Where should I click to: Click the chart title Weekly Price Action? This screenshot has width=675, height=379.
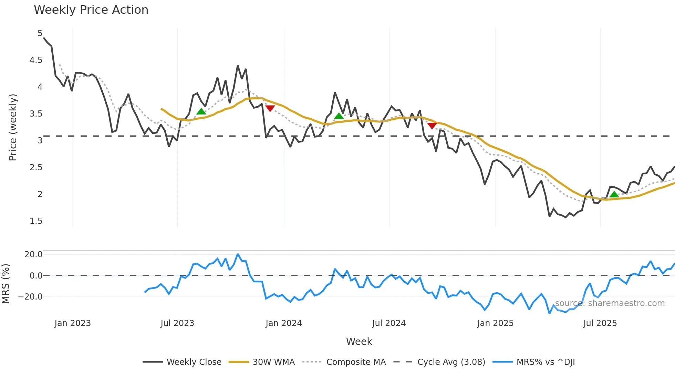91,10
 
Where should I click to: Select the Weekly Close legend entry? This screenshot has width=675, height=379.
194,362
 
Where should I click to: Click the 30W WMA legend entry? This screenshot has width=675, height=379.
273,362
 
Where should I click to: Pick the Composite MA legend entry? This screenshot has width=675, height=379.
356,362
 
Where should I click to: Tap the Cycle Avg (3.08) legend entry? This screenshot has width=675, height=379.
451,362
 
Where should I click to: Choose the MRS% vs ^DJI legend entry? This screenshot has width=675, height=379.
546,362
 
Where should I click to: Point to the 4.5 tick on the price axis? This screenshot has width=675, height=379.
36,60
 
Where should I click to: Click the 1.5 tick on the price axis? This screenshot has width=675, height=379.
36,221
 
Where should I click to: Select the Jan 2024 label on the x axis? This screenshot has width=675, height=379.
284,323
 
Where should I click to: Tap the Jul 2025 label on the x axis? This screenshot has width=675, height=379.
600,323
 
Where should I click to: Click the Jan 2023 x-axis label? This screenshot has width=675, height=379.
73,323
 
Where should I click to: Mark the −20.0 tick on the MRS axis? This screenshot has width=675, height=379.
30,297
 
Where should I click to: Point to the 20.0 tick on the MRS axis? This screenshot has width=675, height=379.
33,255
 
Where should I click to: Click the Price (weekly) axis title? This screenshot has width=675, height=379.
13,127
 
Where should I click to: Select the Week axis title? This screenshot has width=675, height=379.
359,342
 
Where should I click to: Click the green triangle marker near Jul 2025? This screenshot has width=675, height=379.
614,195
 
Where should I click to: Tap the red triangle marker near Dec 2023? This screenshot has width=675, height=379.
270,108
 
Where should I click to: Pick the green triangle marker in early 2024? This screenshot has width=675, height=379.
339,116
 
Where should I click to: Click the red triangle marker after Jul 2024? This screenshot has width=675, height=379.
432,126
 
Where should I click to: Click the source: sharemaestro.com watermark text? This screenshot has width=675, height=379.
610,303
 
